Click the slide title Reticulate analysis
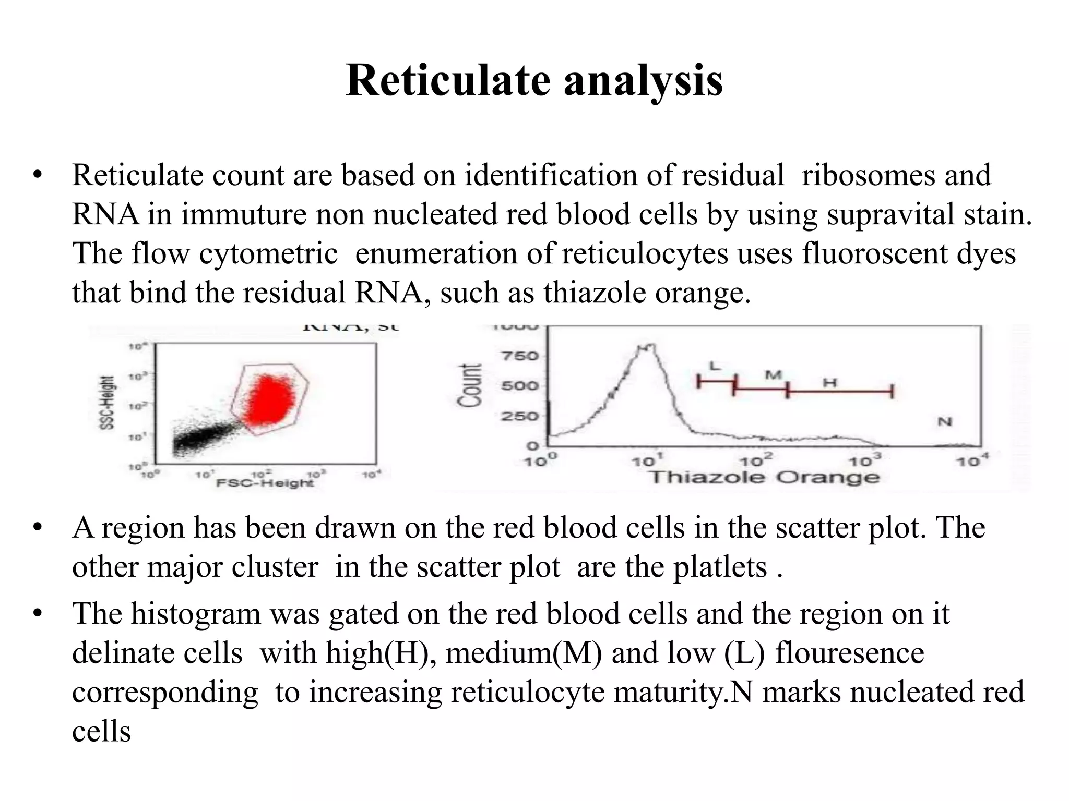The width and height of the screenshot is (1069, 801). [x=534, y=81]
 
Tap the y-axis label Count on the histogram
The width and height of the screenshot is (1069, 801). [x=469, y=385]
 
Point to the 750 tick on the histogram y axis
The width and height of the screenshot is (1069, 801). [x=519, y=356]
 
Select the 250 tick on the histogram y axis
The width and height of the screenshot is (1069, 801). [x=519, y=416]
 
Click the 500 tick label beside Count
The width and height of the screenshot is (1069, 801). [x=519, y=386]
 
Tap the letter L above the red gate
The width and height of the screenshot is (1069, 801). [x=715, y=366]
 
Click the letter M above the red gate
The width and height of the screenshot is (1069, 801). [x=773, y=375]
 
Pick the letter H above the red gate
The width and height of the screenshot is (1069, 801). [x=830, y=383]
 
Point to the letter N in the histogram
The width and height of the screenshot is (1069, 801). [x=945, y=421]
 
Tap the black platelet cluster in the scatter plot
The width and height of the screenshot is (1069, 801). [x=204, y=438]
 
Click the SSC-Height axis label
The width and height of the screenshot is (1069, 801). [x=106, y=403]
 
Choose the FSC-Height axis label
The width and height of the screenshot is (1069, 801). [x=265, y=483]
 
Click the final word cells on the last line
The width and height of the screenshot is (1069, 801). [x=101, y=731]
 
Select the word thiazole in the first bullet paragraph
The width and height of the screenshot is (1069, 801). [x=595, y=293]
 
